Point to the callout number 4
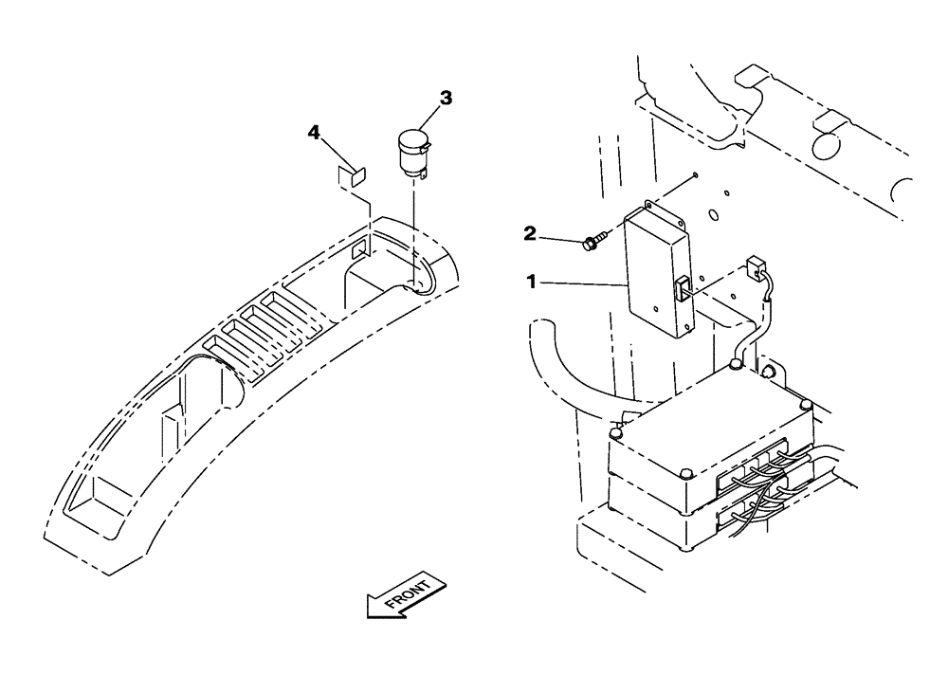click(314, 133)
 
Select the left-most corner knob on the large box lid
click(617, 433)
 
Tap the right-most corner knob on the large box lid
click(807, 406)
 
